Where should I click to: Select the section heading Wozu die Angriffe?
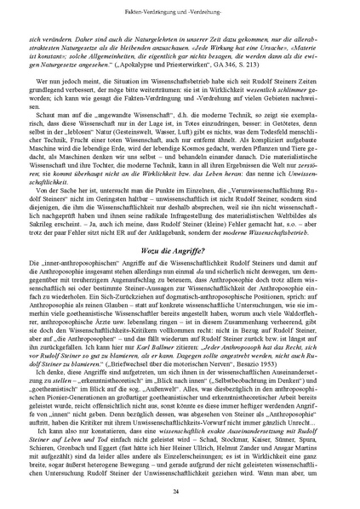pyautogui.click(x=180, y=248)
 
